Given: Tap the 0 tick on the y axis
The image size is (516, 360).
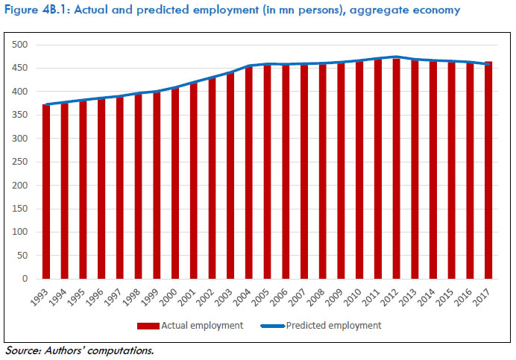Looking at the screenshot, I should pyautogui.click(x=25, y=279).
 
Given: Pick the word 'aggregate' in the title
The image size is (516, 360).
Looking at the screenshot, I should pyautogui.click(x=379, y=10).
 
